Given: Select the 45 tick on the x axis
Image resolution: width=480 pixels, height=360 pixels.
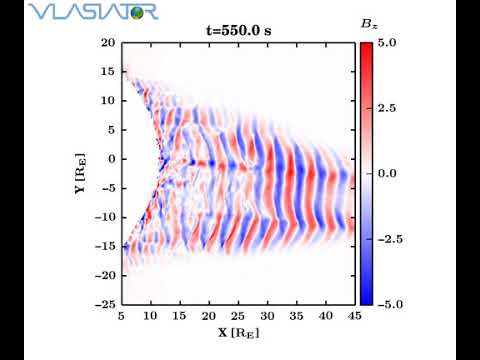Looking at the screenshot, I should click(x=355, y=315).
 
